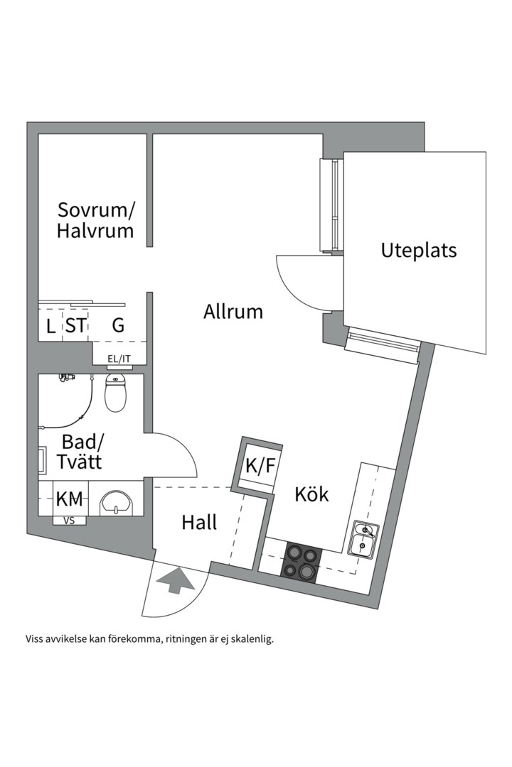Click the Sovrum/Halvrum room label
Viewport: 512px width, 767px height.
pyautogui.click(x=96, y=220)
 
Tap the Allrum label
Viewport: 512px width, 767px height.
pyautogui.click(x=233, y=311)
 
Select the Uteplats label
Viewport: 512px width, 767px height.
pyautogui.click(x=419, y=250)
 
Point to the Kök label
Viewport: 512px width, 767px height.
pyautogui.click(x=312, y=494)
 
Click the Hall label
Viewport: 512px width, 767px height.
pyautogui.click(x=199, y=522)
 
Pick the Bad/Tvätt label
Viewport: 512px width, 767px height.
pyautogui.click(x=82, y=452)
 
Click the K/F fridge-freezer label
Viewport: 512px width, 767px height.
pyautogui.click(x=260, y=467)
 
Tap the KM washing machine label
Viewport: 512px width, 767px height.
pyautogui.click(x=70, y=499)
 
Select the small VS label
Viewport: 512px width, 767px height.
pyautogui.click(x=70, y=521)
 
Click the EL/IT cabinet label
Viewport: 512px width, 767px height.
pyautogui.click(x=119, y=359)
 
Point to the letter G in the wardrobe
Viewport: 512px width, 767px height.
pyautogui.click(x=118, y=325)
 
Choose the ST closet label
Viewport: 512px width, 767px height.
pyautogui.click(x=76, y=325)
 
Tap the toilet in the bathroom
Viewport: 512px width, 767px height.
pyautogui.click(x=115, y=394)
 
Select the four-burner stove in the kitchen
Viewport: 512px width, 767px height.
pyautogui.click(x=302, y=562)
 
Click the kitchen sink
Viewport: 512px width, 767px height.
pyautogui.click(x=365, y=538)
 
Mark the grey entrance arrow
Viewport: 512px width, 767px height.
pyautogui.click(x=176, y=581)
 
